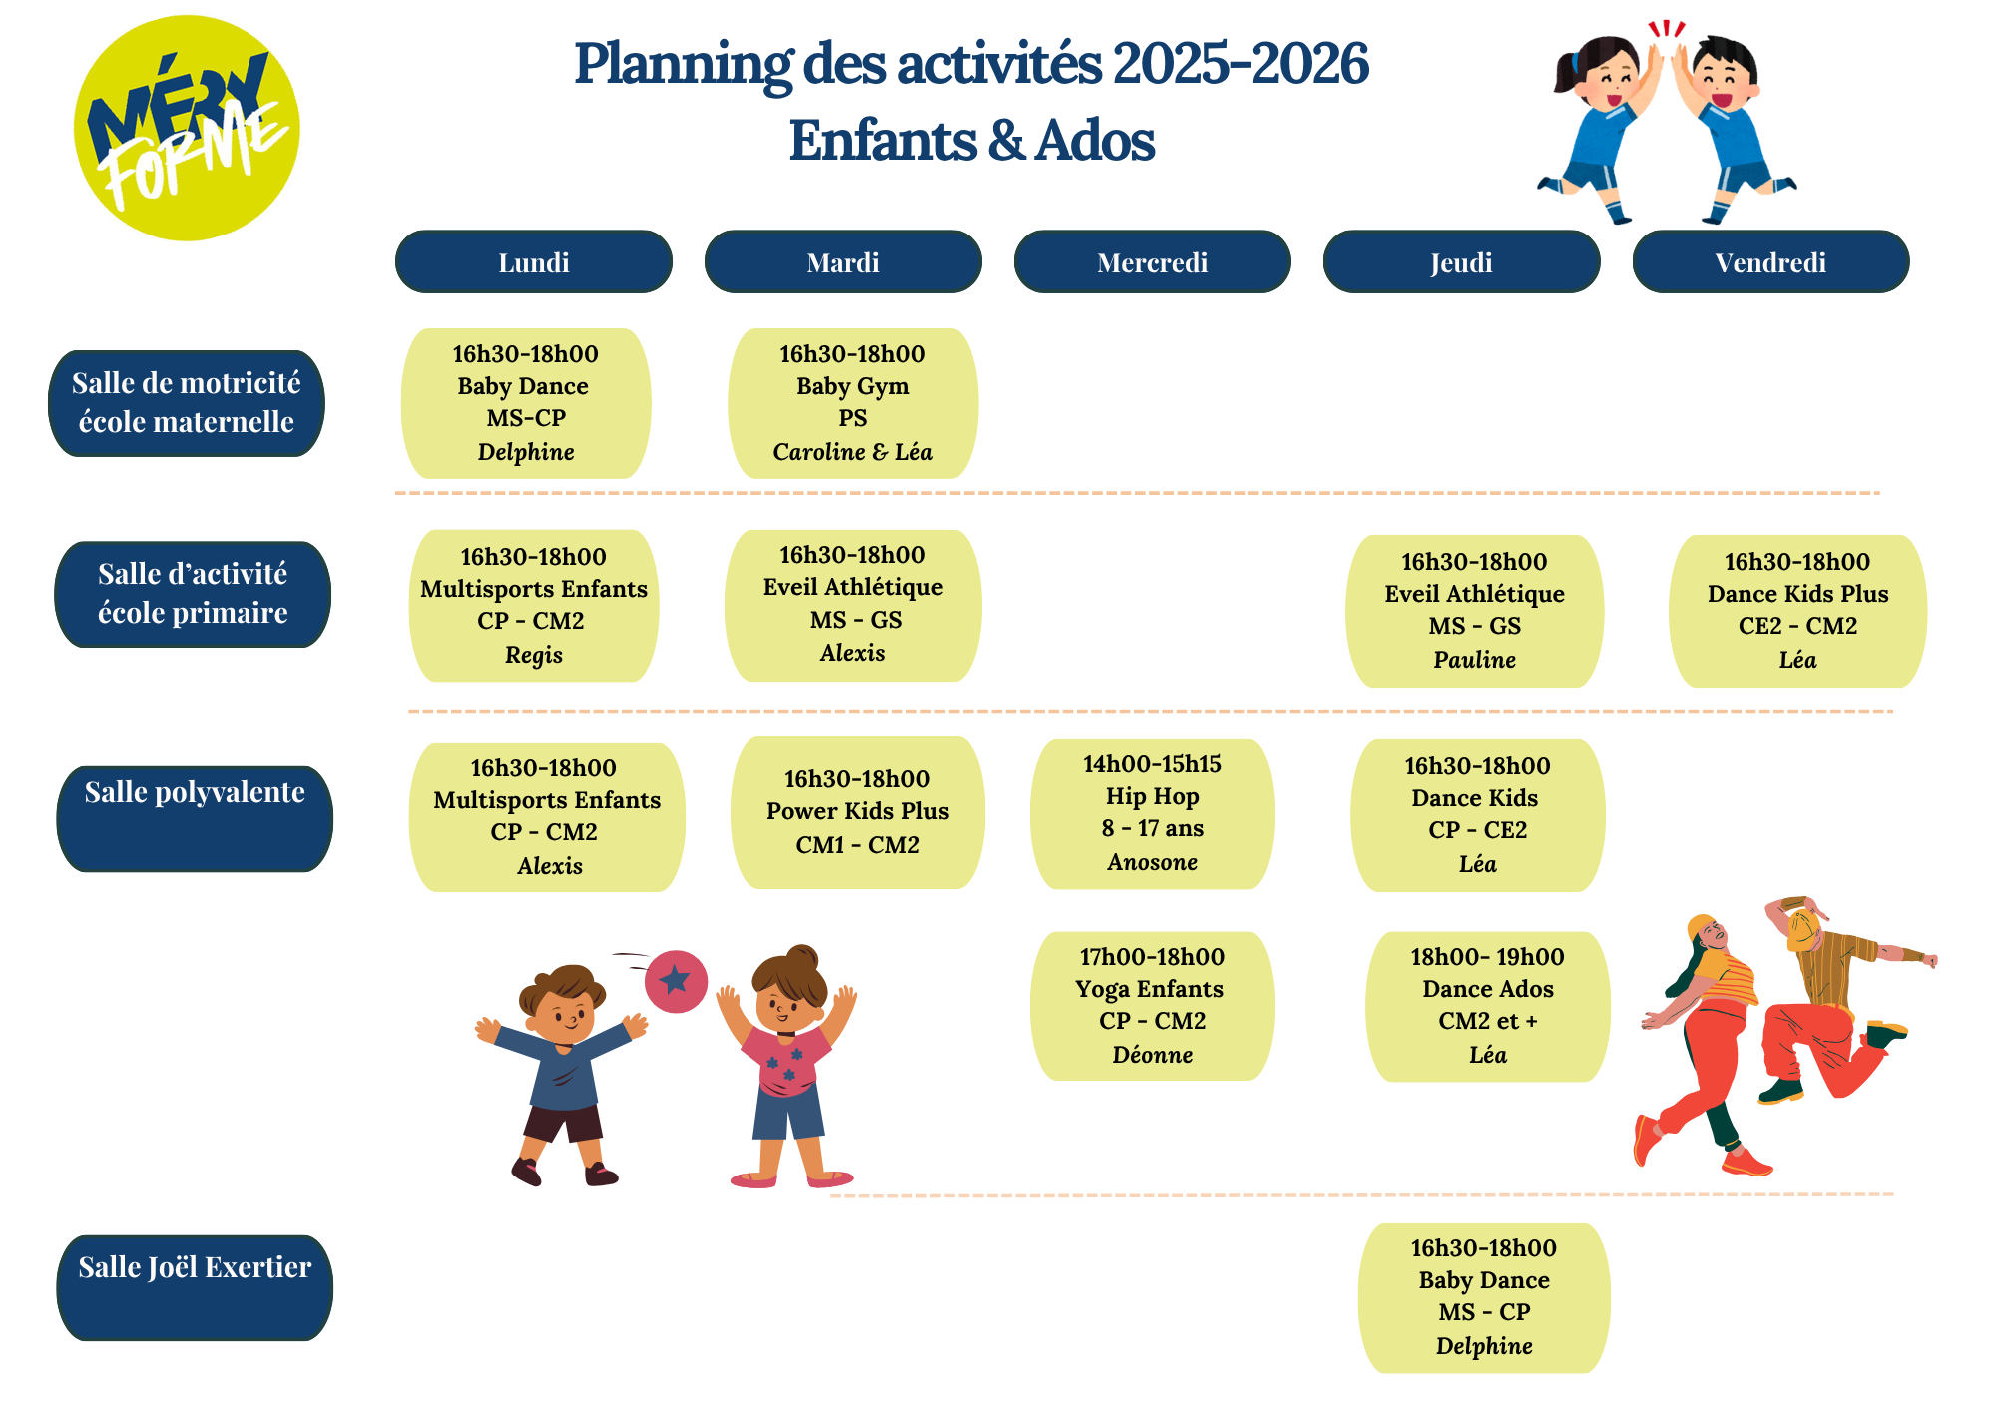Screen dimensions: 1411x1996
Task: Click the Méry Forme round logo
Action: coord(187,128)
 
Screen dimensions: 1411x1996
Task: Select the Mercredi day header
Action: coord(1152,262)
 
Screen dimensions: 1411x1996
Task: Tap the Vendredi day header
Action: coord(1770,262)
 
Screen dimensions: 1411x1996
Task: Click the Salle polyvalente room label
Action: coord(195,818)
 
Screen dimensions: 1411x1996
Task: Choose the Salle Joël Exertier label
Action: coord(195,1287)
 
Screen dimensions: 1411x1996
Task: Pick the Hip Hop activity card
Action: coord(1152,813)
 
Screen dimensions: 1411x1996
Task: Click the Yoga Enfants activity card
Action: coord(1152,1006)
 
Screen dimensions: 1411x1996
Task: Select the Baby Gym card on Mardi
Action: coord(852,403)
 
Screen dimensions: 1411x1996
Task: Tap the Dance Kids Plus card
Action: coord(1797,611)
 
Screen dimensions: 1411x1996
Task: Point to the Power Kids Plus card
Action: coord(857,812)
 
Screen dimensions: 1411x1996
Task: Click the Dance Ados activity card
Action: coord(1487,1006)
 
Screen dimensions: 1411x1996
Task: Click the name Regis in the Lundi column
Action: coord(534,656)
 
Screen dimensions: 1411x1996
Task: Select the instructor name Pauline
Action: coord(1474,660)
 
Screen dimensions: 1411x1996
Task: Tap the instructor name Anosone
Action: coord(1152,862)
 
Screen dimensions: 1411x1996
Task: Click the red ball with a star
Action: coord(676,981)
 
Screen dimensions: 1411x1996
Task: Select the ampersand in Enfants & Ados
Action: coord(1008,141)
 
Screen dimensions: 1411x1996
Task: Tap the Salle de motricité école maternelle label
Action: coord(187,403)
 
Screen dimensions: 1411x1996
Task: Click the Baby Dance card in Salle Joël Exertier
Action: coord(1484,1297)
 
